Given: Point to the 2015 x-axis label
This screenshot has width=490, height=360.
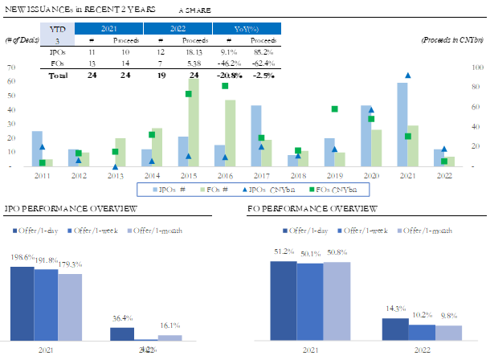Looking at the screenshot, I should (189, 174).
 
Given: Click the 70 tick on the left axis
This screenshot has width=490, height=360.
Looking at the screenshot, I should (10, 68).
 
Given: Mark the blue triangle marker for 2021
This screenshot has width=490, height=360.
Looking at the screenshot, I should (408, 76).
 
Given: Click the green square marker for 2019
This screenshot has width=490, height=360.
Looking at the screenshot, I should (334, 109).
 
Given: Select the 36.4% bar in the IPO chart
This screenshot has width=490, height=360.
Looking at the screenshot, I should (122, 333).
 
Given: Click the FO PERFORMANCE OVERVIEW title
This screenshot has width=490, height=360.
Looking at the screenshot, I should (312, 209).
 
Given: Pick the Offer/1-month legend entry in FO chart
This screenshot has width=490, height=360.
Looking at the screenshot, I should (424, 231).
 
